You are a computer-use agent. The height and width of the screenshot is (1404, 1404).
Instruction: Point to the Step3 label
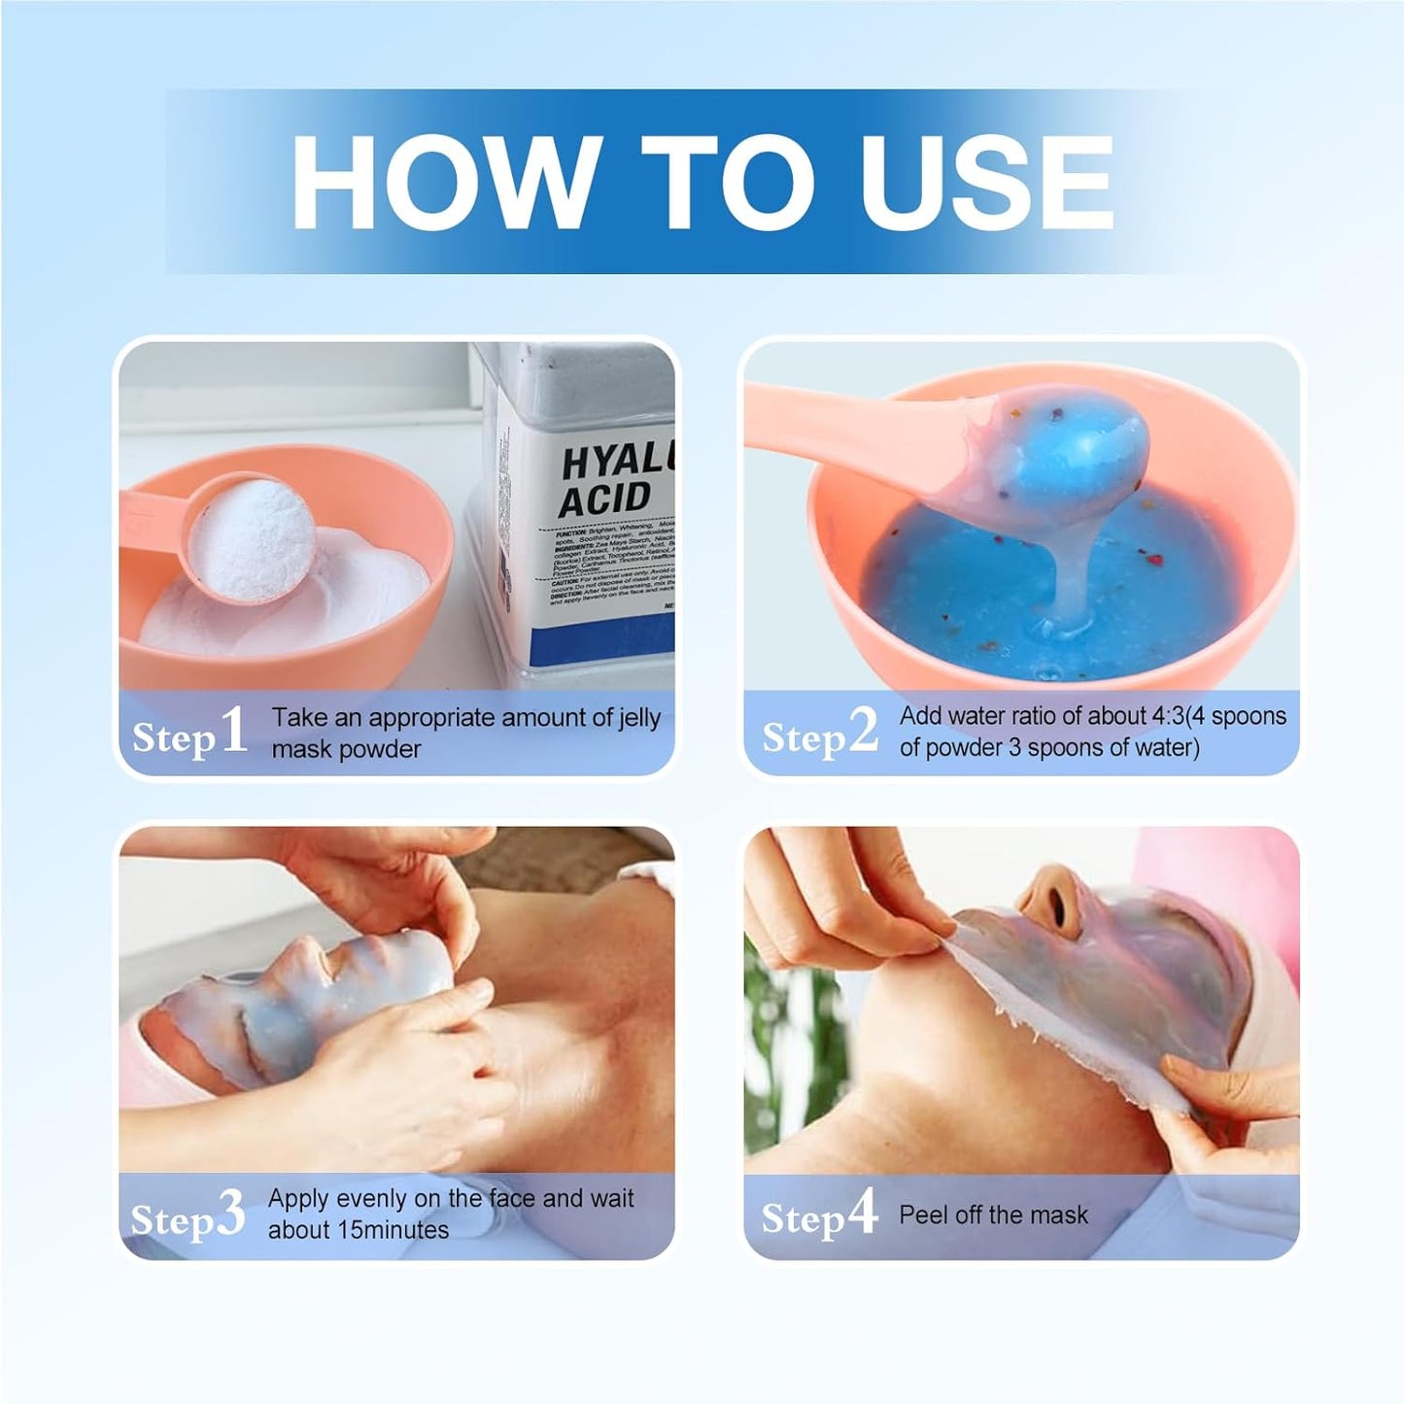(188, 1216)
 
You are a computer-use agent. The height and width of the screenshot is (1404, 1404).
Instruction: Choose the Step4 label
(818, 1215)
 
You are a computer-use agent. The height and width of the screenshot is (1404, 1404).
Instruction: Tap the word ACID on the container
(603, 498)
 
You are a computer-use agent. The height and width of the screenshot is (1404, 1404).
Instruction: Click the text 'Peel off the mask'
(993, 1215)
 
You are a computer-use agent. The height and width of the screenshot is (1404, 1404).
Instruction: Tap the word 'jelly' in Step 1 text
(639, 718)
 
